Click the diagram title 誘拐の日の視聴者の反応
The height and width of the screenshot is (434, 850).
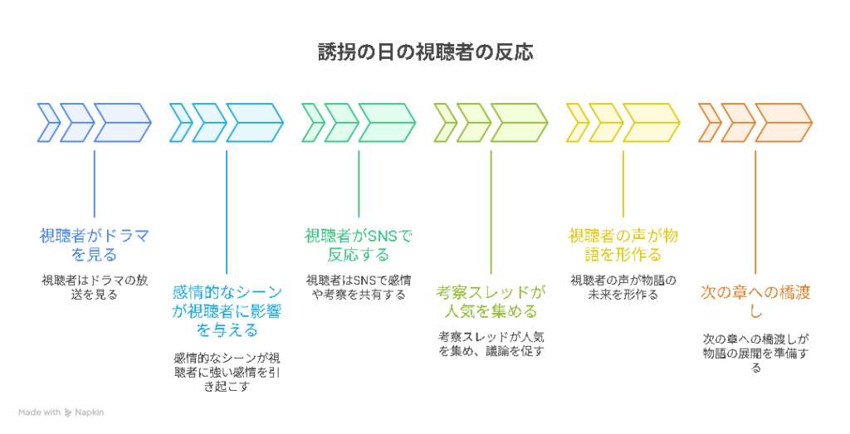tap(426, 52)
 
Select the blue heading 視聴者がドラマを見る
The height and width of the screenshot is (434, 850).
tap(95, 245)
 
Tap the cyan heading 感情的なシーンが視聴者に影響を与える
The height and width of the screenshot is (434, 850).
tap(227, 311)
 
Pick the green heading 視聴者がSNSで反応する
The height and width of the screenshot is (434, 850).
tap(359, 245)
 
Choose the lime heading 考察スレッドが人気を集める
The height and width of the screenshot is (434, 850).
tap(491, 302)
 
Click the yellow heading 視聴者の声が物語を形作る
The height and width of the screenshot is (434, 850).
tap(623, 245)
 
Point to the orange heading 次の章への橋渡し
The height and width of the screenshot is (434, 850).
tap(755, 302)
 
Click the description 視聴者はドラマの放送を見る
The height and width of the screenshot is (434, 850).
tap(95, 287)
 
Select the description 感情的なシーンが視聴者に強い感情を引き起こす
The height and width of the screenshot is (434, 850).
tap(227, 373)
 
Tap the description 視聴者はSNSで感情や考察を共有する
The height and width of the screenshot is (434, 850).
tap(359, 287)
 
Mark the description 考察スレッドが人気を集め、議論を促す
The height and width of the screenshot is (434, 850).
tap(491, 344)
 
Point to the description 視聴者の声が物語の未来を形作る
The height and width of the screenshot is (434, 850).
tap(623, 287)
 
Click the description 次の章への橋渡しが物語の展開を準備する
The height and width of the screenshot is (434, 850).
tap(755, 354)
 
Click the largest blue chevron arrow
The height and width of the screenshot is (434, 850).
tap(123, 123)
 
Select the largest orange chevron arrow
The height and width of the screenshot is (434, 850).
tap(784, 123)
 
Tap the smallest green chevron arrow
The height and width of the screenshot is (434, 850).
tap(313, 123)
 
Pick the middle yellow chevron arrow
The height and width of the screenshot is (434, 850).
tap(605, 123)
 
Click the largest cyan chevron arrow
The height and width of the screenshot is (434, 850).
tap(255, 123)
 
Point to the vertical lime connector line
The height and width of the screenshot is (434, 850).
tap(491, 212)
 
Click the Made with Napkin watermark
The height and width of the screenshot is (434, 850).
tap(61, 412)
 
